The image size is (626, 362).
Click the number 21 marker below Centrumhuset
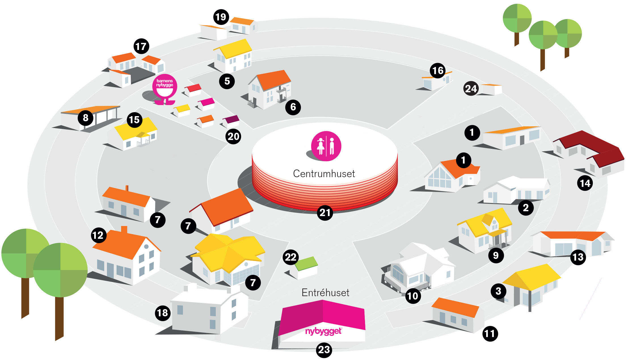[x=325, y=213]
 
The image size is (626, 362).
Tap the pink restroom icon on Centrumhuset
[x=326, y=146]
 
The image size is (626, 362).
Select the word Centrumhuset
[x=324, y=173]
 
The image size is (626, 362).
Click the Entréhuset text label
[x=325, y=292]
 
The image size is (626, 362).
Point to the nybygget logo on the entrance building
[x=323, y=331]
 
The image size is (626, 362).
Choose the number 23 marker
[x=324, y=350]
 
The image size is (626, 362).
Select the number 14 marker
[x=585, y=183]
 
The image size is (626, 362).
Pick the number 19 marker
[x=221, y=17]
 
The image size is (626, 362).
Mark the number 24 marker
[x=471, y=89]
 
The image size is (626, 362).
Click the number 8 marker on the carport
[x=85, y=118]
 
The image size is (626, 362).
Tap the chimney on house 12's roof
[x=124, y=229]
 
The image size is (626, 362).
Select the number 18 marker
[x=163, y=313]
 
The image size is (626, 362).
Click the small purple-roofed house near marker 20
[x=231, y=120]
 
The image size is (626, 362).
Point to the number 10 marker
[x=413, y=296]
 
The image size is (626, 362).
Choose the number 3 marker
[x=498, y=291]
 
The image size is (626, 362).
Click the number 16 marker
[x=438, y=71]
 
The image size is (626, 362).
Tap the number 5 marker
[x=227, y=81]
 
